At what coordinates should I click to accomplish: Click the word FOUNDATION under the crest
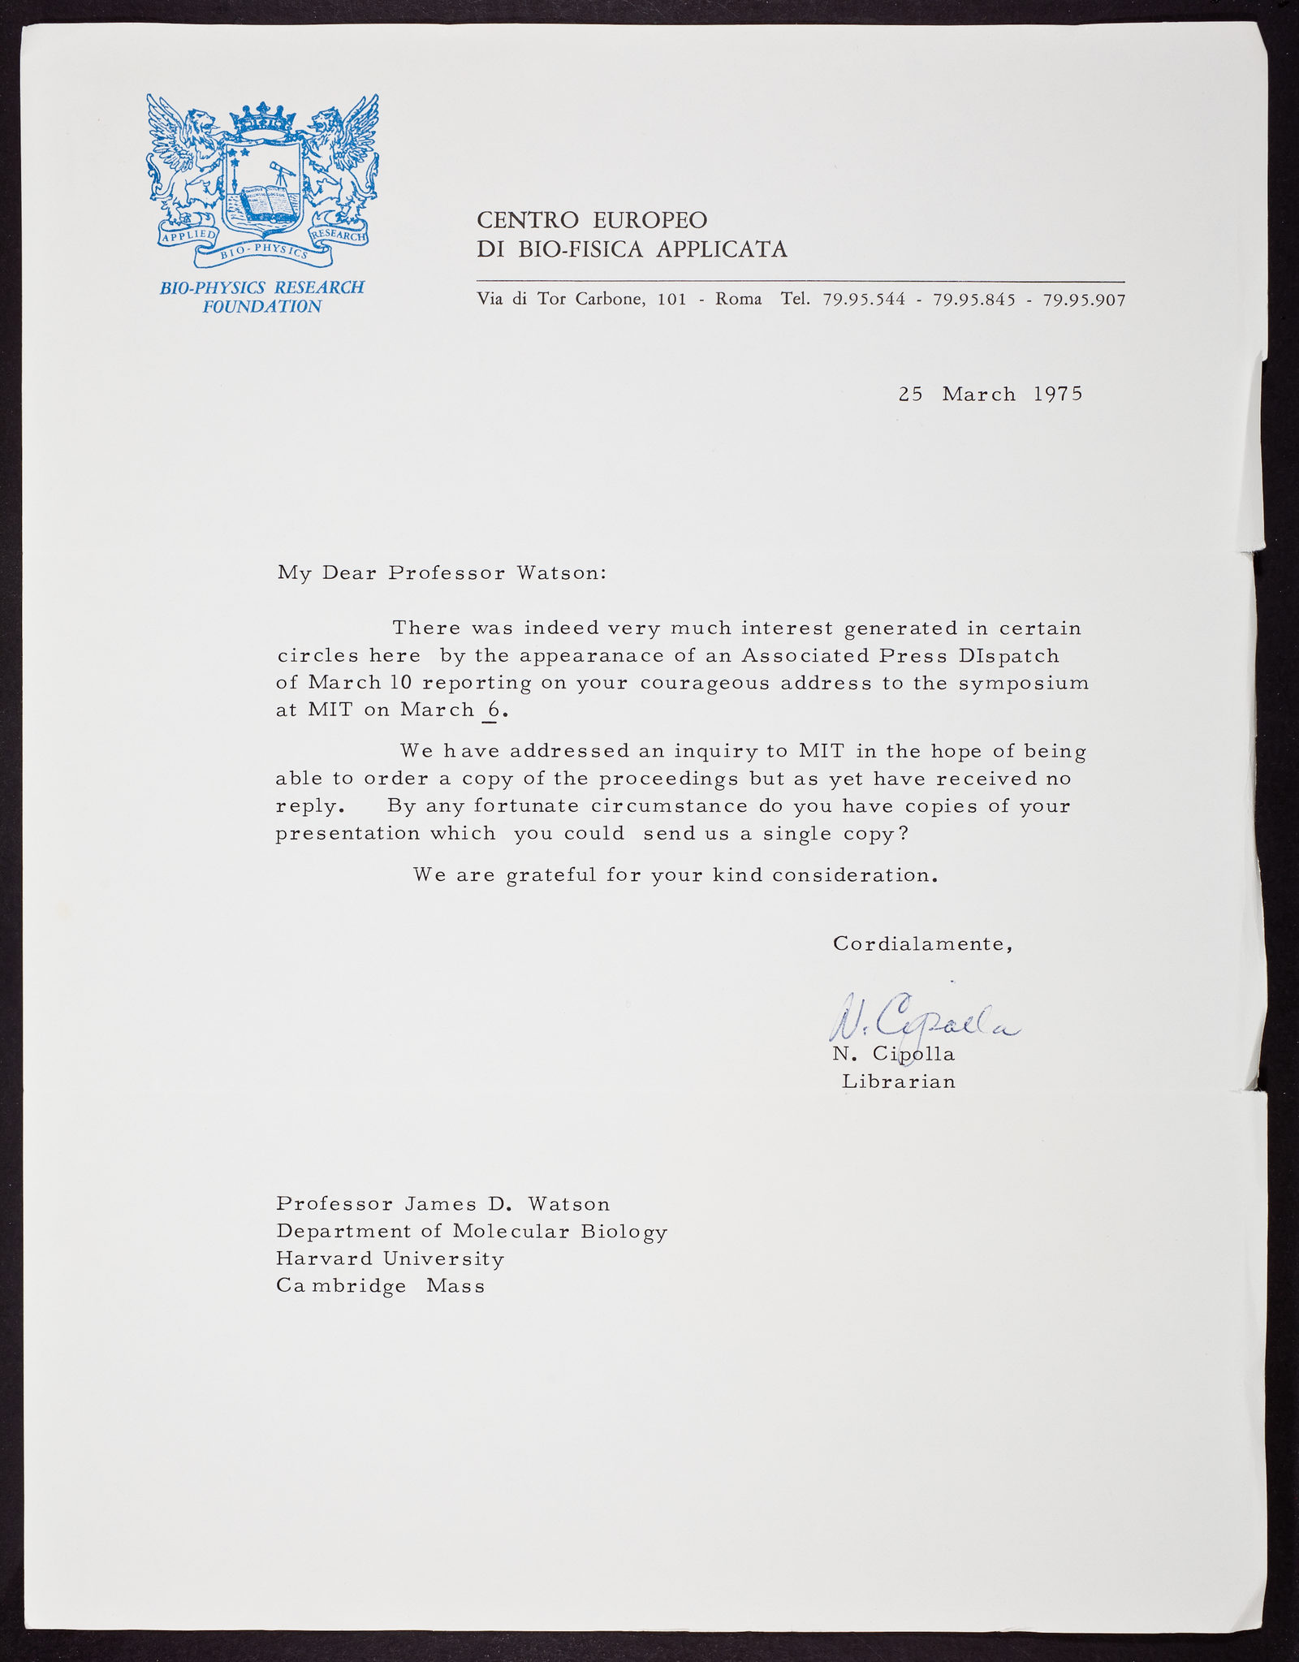click(261, 306)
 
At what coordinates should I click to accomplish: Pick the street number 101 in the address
click(671, 300)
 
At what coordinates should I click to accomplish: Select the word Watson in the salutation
click(561, 572)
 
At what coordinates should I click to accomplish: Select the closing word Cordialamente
click(921, 944)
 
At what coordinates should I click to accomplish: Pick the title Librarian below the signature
click(899, 1081)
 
